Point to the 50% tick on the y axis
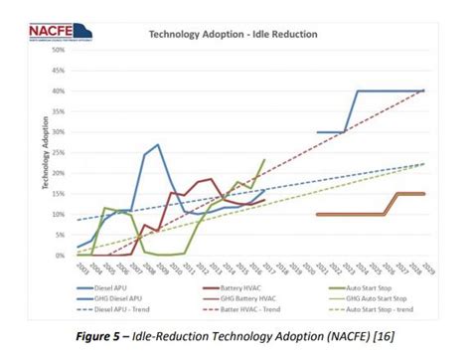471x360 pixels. (59, 50)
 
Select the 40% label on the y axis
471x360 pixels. (59, 90)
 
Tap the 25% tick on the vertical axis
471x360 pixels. (59, 152)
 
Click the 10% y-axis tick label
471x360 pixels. (59, 214)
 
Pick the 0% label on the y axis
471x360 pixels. (61, 256)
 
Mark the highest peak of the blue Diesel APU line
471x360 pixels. (158, 144)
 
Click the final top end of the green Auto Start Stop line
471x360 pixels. (264, 159)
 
